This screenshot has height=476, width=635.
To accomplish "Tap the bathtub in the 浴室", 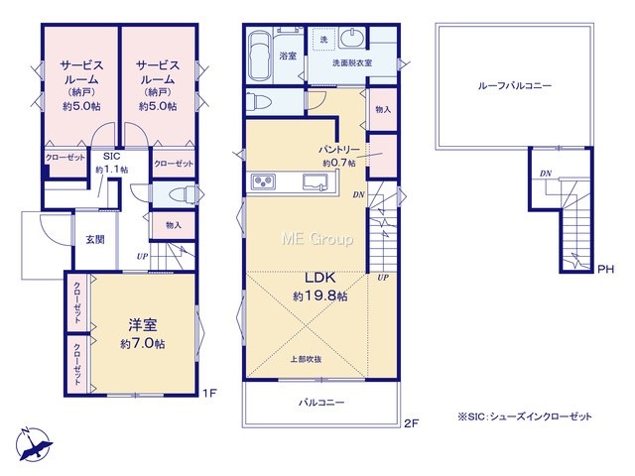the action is point(260,56).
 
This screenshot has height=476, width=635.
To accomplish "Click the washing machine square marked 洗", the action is point(323,40).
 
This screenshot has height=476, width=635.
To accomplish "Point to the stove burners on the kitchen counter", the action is point(263,181).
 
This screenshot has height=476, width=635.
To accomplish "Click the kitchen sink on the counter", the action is point(316,181).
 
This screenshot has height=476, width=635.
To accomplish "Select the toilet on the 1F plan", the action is point(182,195).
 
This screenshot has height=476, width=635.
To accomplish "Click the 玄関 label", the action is point(95,240).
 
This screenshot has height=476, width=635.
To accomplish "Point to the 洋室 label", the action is point(143,324).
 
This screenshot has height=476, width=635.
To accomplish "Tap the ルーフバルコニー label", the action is point(514,86).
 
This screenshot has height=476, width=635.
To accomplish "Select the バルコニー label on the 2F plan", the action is point(321,403).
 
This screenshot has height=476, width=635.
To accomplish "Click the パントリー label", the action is point(339,150).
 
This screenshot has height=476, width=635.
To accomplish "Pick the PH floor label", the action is point(605,269).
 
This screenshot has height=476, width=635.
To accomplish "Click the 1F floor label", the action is point(209,393).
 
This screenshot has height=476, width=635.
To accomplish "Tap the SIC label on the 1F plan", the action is point(112,157).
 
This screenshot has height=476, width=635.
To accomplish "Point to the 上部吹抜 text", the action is point(307,359).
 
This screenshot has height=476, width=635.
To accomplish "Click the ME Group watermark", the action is point(317,239).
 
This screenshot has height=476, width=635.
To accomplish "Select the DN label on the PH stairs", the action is point(546,174).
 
